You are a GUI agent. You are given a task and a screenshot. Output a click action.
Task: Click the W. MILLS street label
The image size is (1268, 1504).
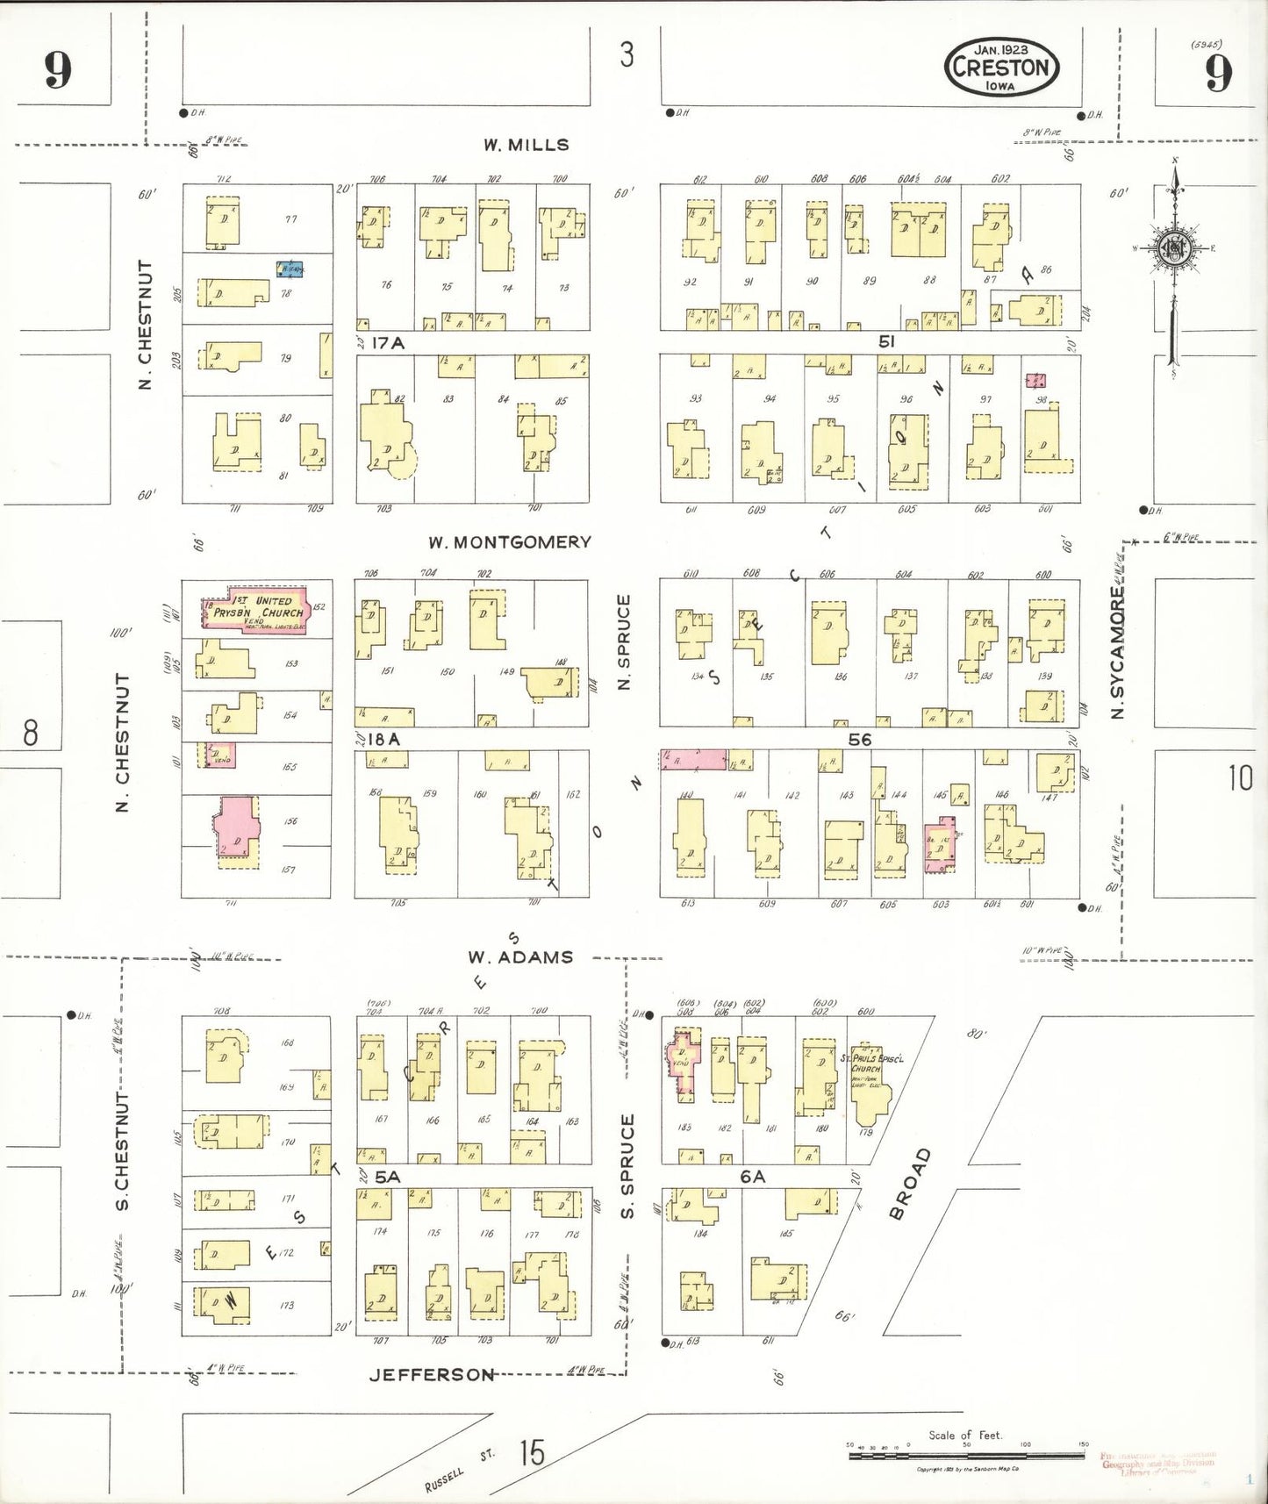pos(526,145)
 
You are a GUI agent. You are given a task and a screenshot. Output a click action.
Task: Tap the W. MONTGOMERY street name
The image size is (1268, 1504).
pos(509,542)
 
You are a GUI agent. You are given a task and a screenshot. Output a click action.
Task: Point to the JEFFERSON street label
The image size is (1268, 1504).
pos(432,1374)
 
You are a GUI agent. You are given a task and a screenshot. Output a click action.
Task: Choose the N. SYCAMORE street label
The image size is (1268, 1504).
pos(1116,653)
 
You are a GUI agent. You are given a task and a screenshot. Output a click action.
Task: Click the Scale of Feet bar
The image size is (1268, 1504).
pos(965,1456)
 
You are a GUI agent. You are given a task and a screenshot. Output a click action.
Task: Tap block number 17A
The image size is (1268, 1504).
pos(387,343)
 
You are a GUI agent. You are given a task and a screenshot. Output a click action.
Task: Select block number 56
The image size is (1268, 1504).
pos(859,740)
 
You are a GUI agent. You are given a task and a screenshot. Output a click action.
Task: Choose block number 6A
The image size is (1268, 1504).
pos(752,1176)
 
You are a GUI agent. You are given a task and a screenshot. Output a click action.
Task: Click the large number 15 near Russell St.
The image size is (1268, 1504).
pos(531,1452)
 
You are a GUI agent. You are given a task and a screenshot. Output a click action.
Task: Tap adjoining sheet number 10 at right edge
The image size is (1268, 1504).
pos(1239,777)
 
